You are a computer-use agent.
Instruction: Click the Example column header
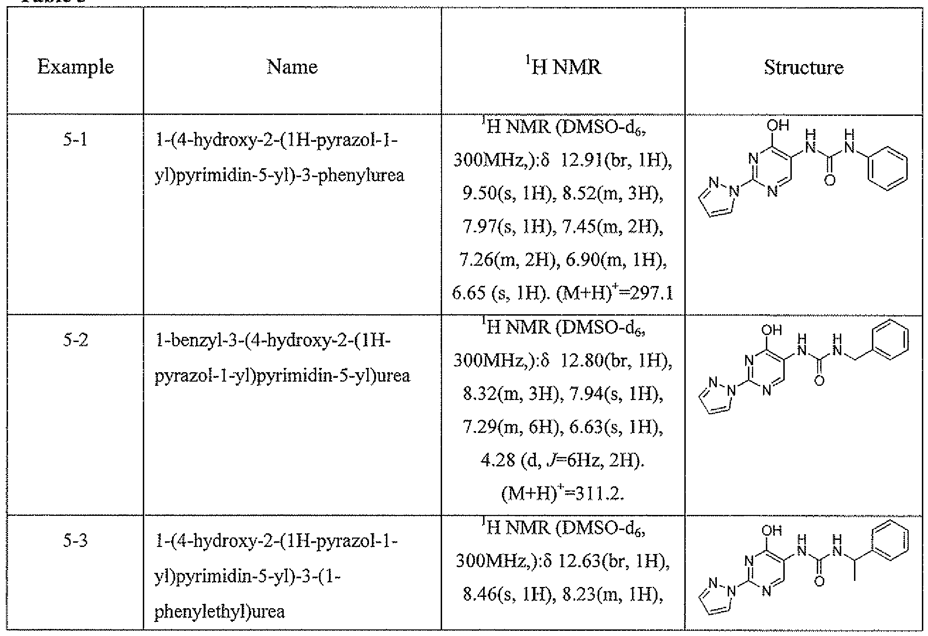coord(75,67)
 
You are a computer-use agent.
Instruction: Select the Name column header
coord(292,66)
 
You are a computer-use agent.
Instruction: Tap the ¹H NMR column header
coord(563,66)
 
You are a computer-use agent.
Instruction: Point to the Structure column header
coord(804,67)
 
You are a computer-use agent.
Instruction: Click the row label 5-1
coord(75,140)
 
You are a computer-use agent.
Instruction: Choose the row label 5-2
coord(75,340)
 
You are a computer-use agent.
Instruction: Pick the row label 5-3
coord(75,540)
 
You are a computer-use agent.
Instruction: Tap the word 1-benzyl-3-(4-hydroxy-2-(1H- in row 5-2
coord(273,340)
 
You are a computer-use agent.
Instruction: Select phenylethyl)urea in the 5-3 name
coord(220,612)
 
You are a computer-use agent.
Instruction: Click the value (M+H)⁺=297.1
coord(615,294)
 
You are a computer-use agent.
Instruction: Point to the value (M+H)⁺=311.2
coord(563,494)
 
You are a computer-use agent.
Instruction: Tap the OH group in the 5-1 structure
coord(777,125)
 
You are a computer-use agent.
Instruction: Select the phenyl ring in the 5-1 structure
coord(887,170)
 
